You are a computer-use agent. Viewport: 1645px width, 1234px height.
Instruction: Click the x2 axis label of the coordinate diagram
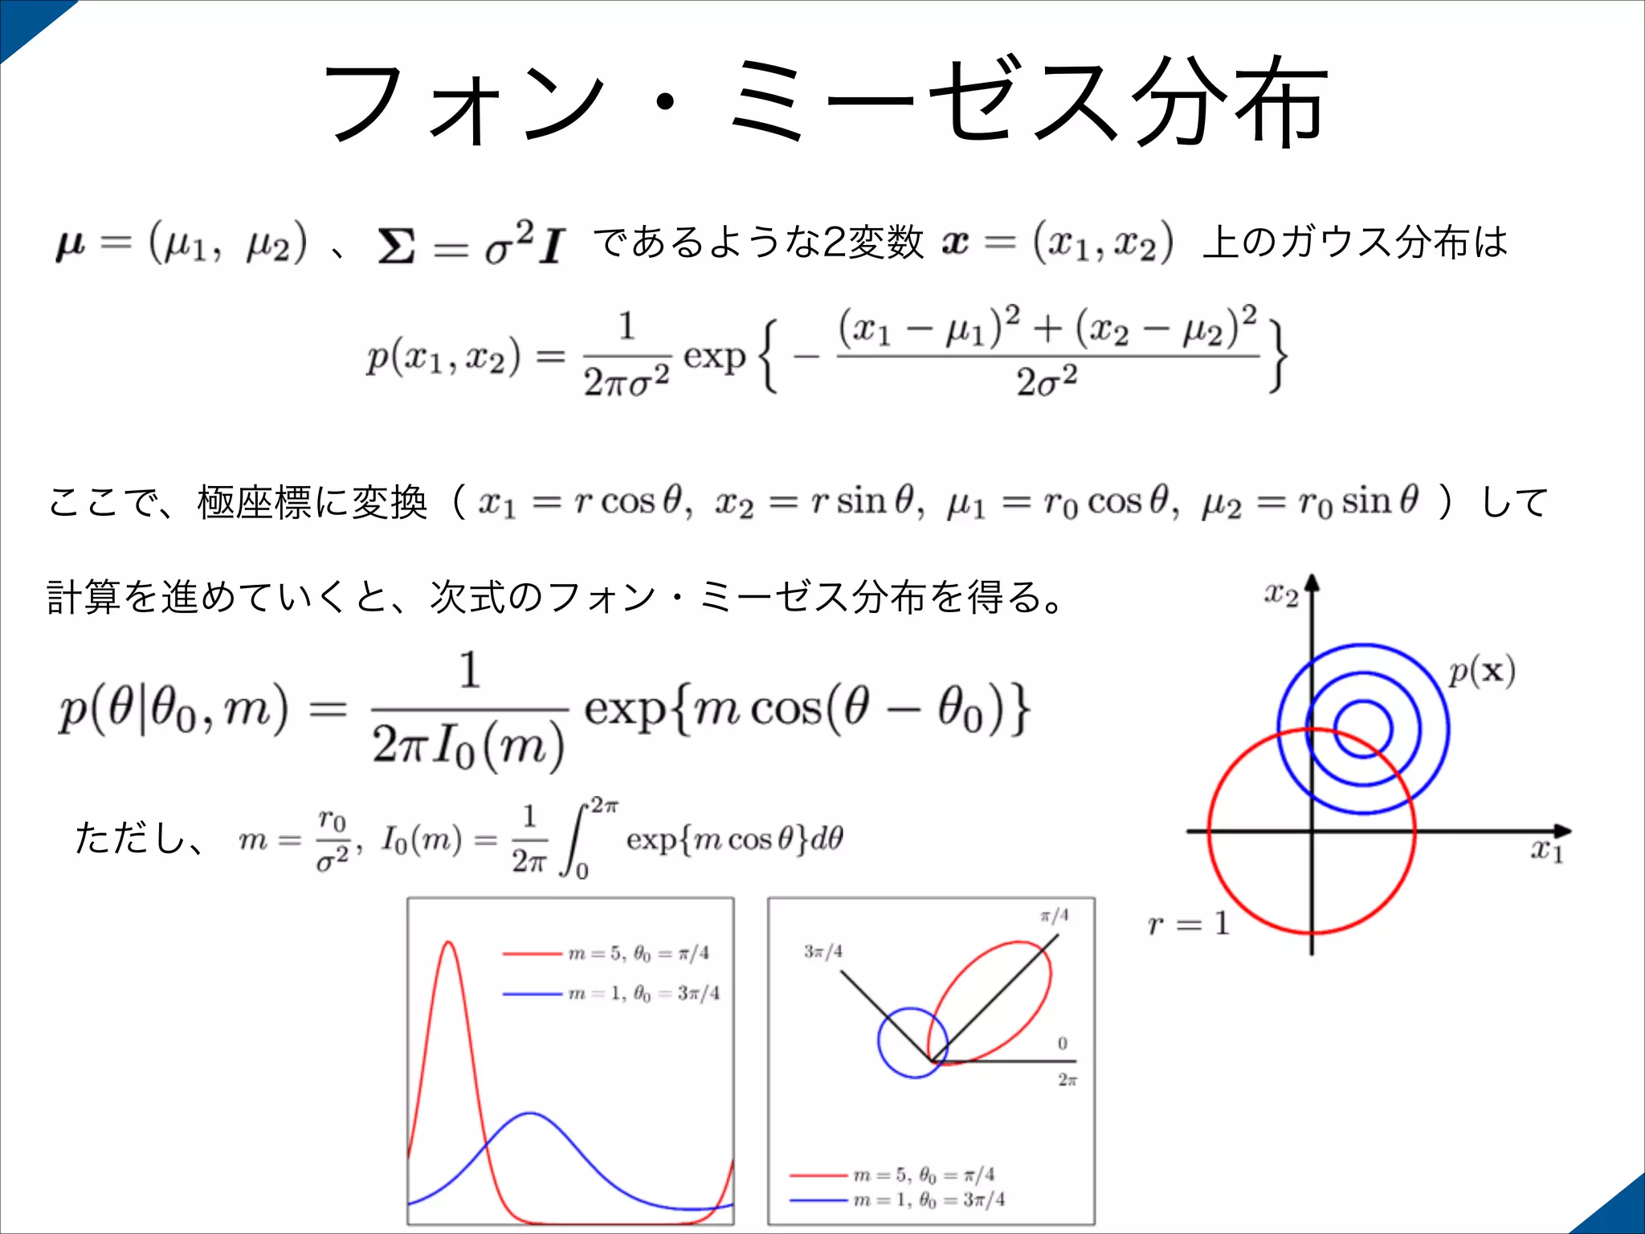tap(1280, 595)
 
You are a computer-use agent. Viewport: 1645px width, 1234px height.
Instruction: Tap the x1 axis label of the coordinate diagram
tap(1546, 850)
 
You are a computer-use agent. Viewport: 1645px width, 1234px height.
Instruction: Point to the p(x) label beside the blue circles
tap(1481, 672)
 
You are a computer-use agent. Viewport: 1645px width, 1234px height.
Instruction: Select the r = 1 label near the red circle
tap(1189, 924)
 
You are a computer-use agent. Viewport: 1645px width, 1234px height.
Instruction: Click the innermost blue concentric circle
tap(1363, 702)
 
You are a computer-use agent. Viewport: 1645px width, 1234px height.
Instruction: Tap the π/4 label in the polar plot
tap(1054, 916)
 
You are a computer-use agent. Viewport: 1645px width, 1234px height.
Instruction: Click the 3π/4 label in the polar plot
tap(822, 952)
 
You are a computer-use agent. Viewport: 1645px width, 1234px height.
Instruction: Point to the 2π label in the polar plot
tap(1067, 1081)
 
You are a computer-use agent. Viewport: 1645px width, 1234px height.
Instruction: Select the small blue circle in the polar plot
tap(880, 1042)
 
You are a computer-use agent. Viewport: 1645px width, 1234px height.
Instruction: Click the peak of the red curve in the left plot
tap(448, 942)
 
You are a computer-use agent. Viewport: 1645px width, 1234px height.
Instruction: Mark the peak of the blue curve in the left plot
tap(530, 1113)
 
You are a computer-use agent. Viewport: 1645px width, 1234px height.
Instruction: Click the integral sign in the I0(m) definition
tap(574, 840)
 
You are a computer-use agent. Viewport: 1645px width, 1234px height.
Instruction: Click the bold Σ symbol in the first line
tap(397, 246)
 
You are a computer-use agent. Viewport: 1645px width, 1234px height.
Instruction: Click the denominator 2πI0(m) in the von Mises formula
tap(468, 746)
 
